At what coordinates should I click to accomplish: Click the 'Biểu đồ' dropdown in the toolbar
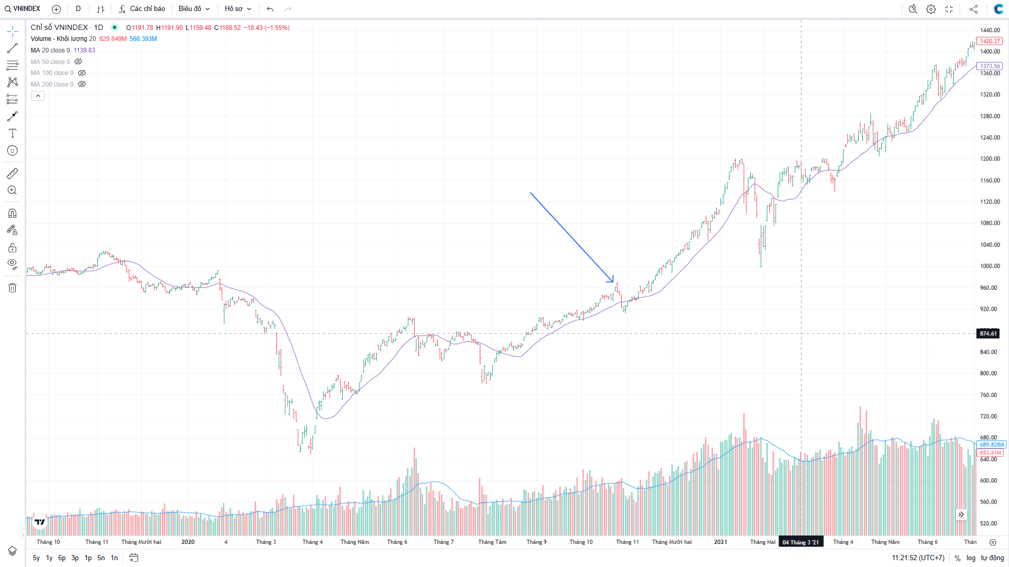pos(194,9)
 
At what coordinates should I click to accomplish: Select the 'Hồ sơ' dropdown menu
pos(238,9)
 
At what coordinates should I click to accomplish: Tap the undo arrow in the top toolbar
pos(270,9)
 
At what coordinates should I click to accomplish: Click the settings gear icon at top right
pos(931,9)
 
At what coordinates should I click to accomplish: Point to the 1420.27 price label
pos(990,41)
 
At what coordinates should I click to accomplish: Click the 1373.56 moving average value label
pos(990,66)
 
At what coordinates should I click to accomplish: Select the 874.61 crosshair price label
pos(988,333)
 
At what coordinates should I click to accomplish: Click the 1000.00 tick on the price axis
pos(990,266)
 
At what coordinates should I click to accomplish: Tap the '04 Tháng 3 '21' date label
pos(800,542)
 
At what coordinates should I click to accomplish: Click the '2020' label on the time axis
pos(188,542)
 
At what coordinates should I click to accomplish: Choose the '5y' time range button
pos(36,558)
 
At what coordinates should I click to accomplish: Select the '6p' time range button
pos(62,558)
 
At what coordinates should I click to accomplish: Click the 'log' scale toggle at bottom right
pos(971,558)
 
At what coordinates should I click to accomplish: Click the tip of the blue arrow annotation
pos(613,282)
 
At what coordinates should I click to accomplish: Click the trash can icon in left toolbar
pos(13,288)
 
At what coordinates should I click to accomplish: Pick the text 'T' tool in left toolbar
pos(13,133)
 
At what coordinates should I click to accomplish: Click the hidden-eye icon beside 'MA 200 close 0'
pos(82,84)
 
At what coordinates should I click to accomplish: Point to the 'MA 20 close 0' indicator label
pos(50,50)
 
